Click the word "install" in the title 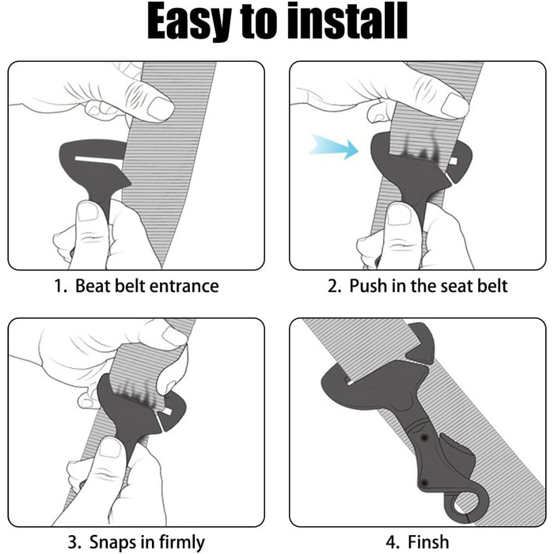click(x=347, y=21)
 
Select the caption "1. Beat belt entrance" click(x=137, y=286)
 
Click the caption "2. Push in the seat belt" click(x=418, y=286)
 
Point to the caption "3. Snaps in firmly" click(x=136, y=541)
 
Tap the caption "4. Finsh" click(x=417, y=541)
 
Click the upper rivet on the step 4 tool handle click(x=424, y=438)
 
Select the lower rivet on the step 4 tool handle click(x=425, y=482)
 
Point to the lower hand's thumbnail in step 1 click(x=88, y=212)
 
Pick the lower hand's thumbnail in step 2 click(x=399, y=214)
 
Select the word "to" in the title click(x=260, y=22)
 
